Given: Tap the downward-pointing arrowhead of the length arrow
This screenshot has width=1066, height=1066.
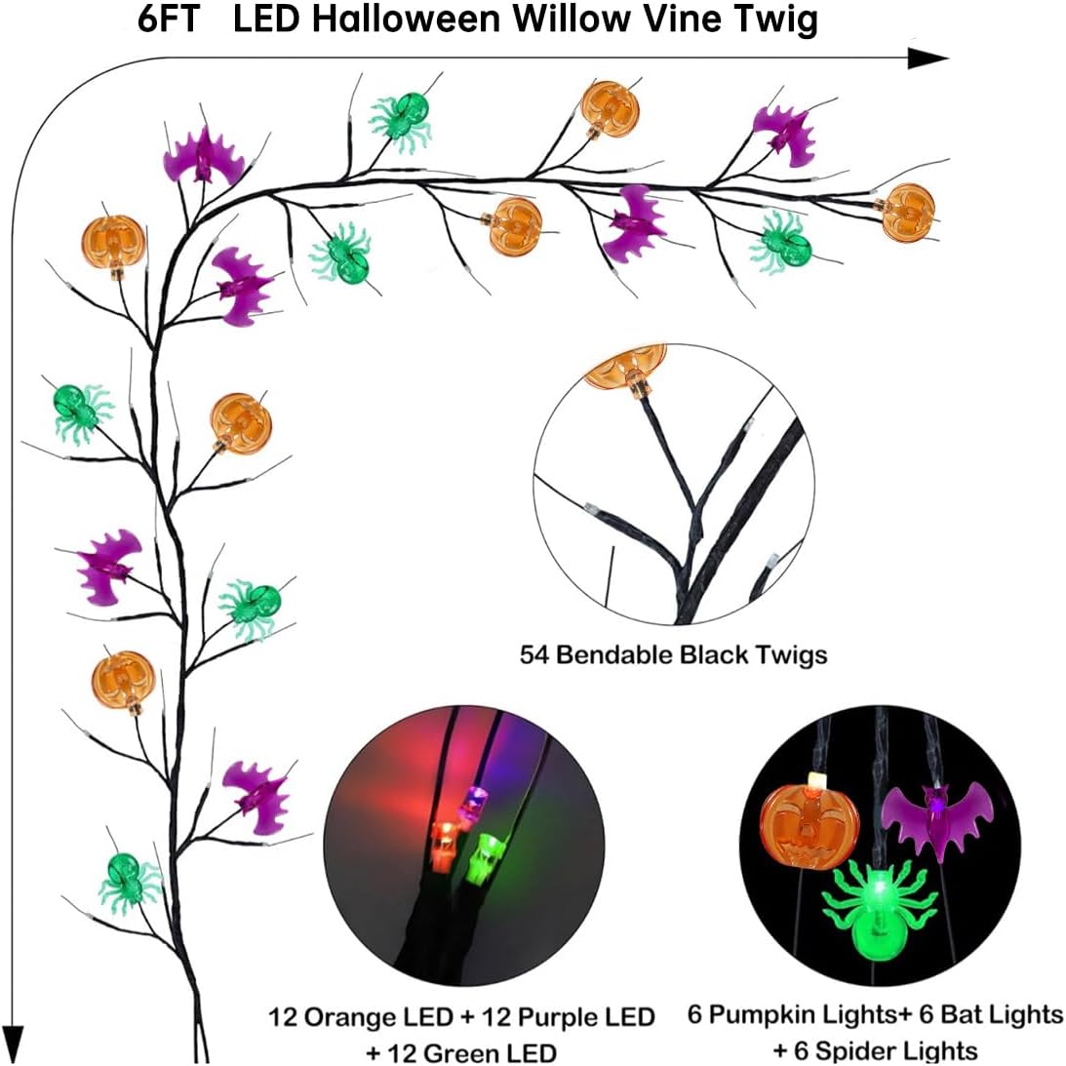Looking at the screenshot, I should pyautogui.click(x=13, y=1041).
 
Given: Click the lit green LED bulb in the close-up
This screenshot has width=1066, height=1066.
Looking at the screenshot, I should pyautogui.click(x=482, y=858).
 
